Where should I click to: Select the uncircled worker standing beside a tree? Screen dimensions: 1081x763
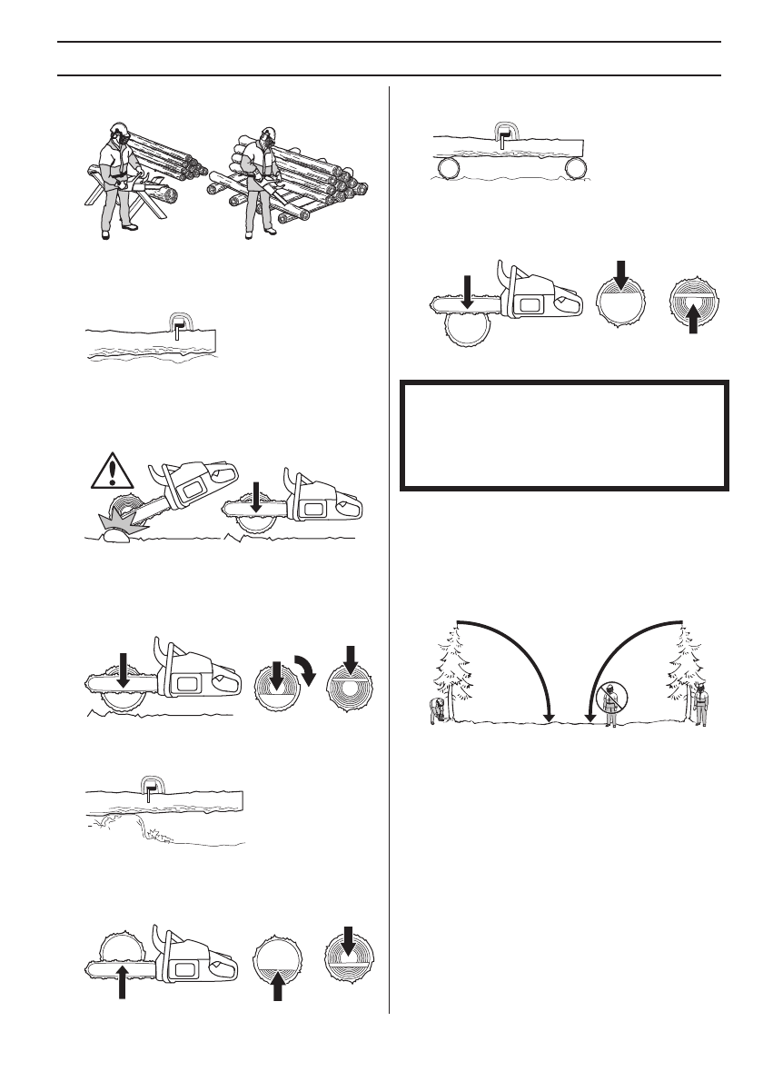coord(700,706)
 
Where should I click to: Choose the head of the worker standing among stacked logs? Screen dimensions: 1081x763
coord(267,136)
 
